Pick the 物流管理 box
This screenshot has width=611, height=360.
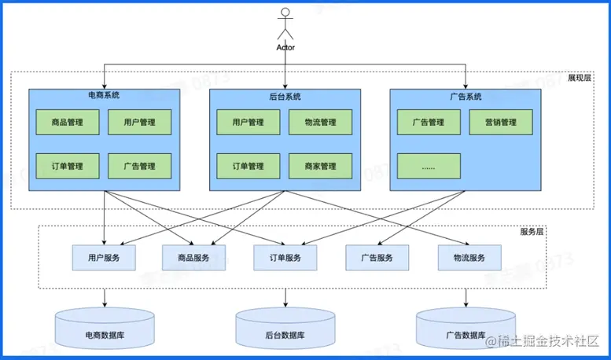pos(319,122)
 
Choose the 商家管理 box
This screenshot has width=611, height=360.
pos(319,166)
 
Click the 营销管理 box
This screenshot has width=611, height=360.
pos(501,122)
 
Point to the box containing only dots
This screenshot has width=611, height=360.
pos(429,166)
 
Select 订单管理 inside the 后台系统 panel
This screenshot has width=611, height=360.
pos(248,166)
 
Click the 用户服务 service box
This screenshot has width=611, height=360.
pos(104,257)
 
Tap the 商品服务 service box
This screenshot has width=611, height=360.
pos(194,257)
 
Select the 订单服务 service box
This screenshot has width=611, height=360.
pos(285,257)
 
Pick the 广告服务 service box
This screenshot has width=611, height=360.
pos(377,257)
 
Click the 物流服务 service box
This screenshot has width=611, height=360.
pos(469,257)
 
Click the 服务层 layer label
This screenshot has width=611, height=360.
pos(532,232)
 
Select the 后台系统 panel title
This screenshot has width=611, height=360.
pos(285,97)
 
